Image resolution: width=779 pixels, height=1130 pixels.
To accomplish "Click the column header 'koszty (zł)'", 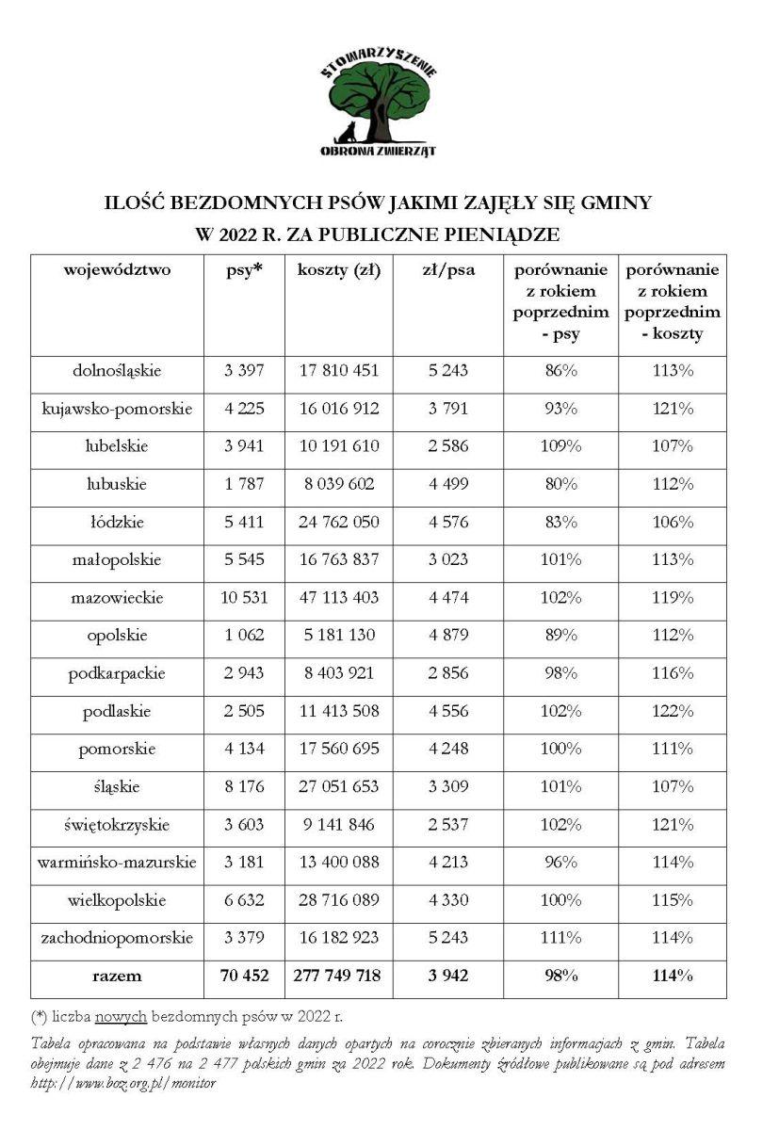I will [338, 271].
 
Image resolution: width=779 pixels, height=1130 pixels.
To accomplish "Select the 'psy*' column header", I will [244, 271].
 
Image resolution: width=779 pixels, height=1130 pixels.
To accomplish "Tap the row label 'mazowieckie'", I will [117, 598].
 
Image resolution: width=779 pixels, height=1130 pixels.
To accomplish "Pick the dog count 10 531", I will [244, 598].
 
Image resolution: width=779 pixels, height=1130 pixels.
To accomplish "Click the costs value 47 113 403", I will [338, 598].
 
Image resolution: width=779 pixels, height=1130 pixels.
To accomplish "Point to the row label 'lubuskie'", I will [117, 484].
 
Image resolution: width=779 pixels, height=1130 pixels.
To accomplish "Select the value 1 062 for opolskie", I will [244, 636].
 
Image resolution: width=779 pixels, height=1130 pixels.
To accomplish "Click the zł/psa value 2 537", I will [447, 825].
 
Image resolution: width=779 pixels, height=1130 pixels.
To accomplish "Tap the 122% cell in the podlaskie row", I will [673, 712].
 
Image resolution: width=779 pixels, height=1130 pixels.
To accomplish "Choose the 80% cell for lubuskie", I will [560, 484].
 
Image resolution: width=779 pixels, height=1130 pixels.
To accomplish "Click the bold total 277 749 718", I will [338, 977].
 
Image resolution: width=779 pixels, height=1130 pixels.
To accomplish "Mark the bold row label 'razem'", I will [117, 977].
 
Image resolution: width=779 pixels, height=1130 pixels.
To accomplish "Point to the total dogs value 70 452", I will [244, 977].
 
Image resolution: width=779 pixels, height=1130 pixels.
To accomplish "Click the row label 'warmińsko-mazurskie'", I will [117, 863].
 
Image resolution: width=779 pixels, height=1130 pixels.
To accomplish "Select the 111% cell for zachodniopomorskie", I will [560, 938].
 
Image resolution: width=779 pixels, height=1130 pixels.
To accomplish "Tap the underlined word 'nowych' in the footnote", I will [121, 1018].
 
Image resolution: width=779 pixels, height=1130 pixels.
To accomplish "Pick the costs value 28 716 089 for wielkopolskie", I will [338, 900].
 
